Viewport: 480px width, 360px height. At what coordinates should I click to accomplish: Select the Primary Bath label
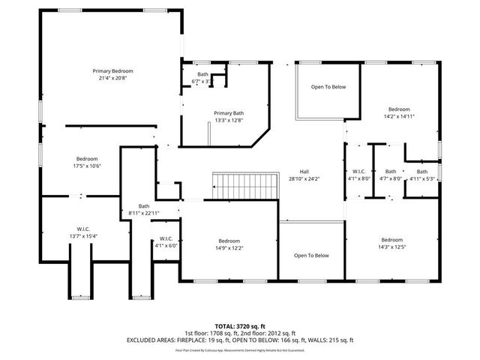point(228,112)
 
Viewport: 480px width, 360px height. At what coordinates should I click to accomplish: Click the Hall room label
point(304,170)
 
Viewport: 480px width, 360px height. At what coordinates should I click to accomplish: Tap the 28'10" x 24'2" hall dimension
point(304,178)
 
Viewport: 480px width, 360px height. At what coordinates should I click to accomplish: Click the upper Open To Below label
point(328,88)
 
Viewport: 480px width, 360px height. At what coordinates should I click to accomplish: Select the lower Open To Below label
point(311,256)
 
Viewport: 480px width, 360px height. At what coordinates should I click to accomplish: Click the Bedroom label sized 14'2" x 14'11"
point(399,109)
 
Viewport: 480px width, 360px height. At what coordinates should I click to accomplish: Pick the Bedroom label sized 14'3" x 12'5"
point(391,239)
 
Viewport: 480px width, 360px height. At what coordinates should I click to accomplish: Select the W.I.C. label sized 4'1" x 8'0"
point(355,171)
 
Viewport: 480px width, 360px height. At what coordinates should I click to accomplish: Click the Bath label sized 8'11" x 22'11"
point(144,206)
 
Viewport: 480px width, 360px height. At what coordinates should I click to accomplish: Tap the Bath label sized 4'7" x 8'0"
point(391,171)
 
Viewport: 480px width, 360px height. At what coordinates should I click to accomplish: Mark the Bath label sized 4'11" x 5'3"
point(421,171)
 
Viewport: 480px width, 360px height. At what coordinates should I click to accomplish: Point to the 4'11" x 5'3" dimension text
point(421,178)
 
